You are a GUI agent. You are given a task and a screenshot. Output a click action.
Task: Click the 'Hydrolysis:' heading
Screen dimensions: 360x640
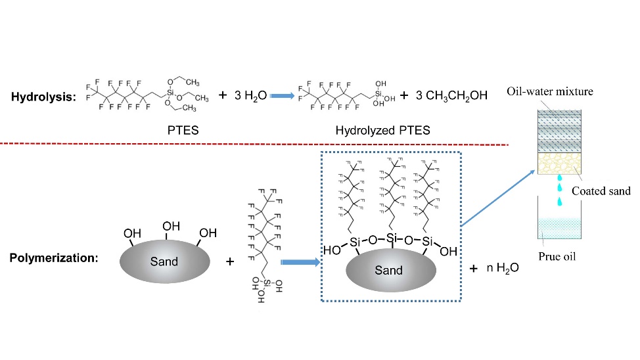pos(43,97)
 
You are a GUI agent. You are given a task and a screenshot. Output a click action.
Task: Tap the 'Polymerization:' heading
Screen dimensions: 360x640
pos(54,258)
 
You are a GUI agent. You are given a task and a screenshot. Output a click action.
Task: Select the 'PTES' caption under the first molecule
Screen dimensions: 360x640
pos(183,130)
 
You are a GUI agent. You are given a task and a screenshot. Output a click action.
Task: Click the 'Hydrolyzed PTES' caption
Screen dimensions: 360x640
pos(382,130)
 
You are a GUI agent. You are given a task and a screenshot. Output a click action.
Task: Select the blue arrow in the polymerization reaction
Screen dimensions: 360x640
pos(300,261)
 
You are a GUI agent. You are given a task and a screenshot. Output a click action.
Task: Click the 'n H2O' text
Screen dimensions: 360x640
pos(503,269)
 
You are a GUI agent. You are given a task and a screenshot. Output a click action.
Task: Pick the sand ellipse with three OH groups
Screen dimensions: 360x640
pos(164,261)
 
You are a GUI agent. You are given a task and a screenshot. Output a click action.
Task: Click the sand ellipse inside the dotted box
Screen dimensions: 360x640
pos(388,270)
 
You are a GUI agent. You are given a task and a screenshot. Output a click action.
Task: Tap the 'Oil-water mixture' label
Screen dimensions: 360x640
pos(549,92)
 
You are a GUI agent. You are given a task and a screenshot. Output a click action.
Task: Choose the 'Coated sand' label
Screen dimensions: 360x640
pos(601,191)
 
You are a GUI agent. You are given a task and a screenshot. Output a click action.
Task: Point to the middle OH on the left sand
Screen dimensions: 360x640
pos(171,227)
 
